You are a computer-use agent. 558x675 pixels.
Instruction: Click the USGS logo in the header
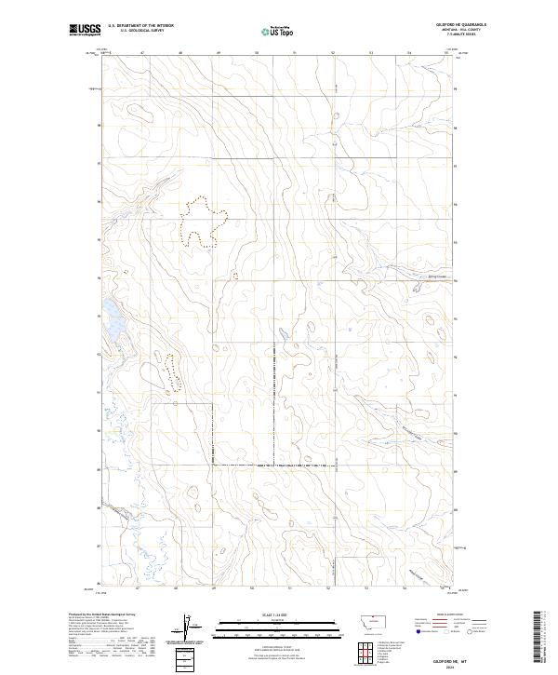(x=85, y=31)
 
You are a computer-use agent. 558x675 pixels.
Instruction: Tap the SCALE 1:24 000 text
(x=273, y=615)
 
